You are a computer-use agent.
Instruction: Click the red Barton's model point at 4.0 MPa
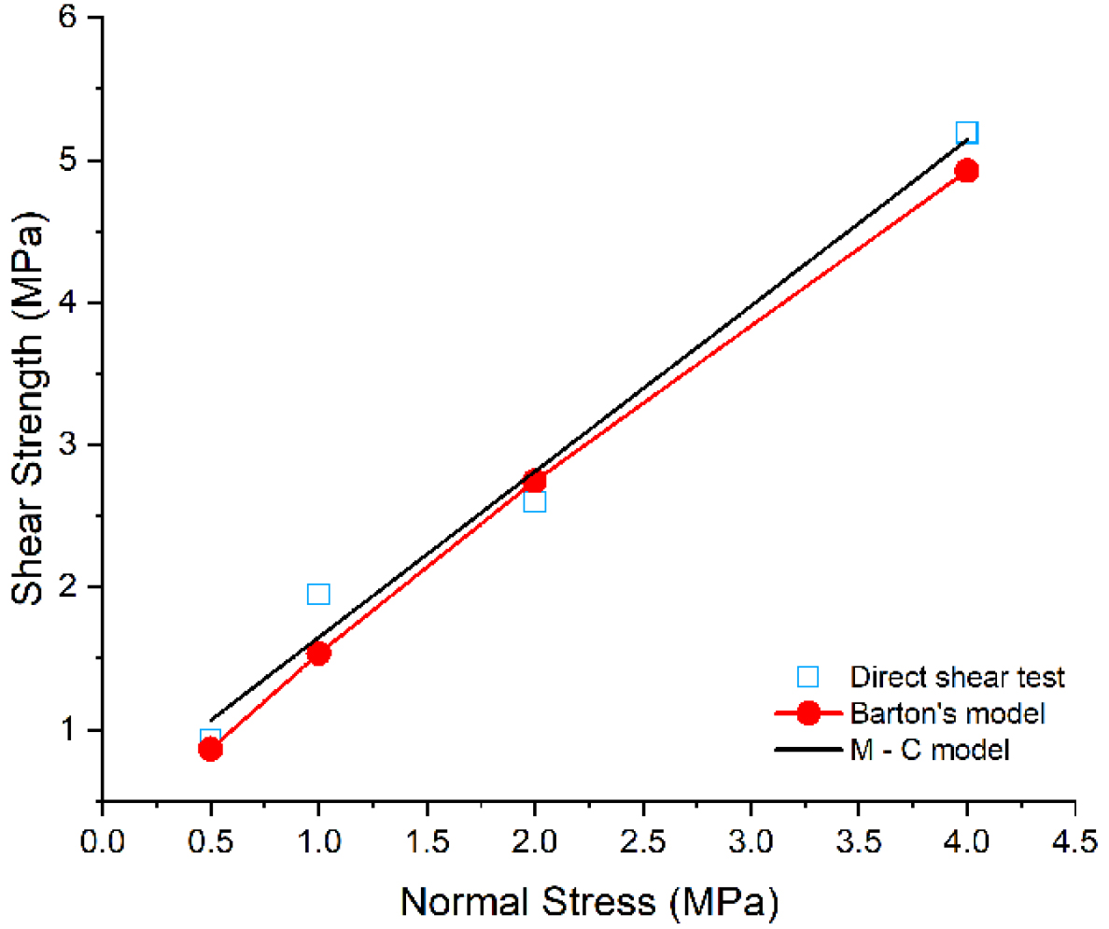967,171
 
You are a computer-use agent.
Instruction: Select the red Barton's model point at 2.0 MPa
534,481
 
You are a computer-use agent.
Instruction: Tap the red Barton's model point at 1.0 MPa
318,654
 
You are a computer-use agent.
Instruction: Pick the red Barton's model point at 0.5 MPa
211,749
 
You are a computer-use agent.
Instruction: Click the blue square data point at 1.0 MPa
318,595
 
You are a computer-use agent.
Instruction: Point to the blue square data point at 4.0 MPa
967,133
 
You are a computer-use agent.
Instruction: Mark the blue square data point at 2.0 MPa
534,501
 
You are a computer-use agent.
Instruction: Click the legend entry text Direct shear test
958,676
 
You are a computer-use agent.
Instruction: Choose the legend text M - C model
930,749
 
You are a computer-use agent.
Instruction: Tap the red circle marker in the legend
808,713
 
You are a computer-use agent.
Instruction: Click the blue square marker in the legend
808,676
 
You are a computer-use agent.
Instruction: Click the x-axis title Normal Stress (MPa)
589,902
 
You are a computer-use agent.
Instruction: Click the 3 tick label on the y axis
68,445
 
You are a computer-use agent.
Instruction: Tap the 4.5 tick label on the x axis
1074,842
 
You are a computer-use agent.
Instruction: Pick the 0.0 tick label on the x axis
103,842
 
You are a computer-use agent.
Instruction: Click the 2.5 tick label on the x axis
642,842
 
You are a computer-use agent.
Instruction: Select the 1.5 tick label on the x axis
427,842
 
